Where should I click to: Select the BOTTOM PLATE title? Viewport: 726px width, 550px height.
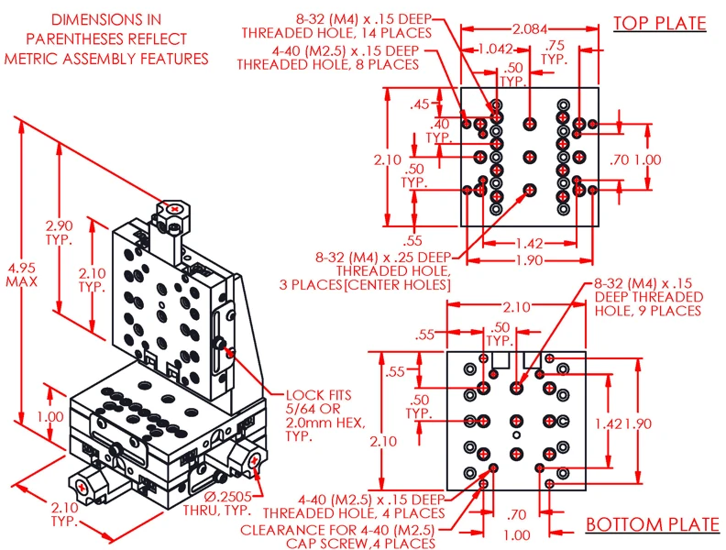tap(652, 524)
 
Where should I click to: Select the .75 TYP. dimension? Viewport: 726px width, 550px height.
tap(555, 52)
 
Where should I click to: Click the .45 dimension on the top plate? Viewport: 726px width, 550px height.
tap(421, 104)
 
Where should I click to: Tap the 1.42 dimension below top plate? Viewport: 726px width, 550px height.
tap(529, 243)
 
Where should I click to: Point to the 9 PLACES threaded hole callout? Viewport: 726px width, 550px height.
tap(649, 297)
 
